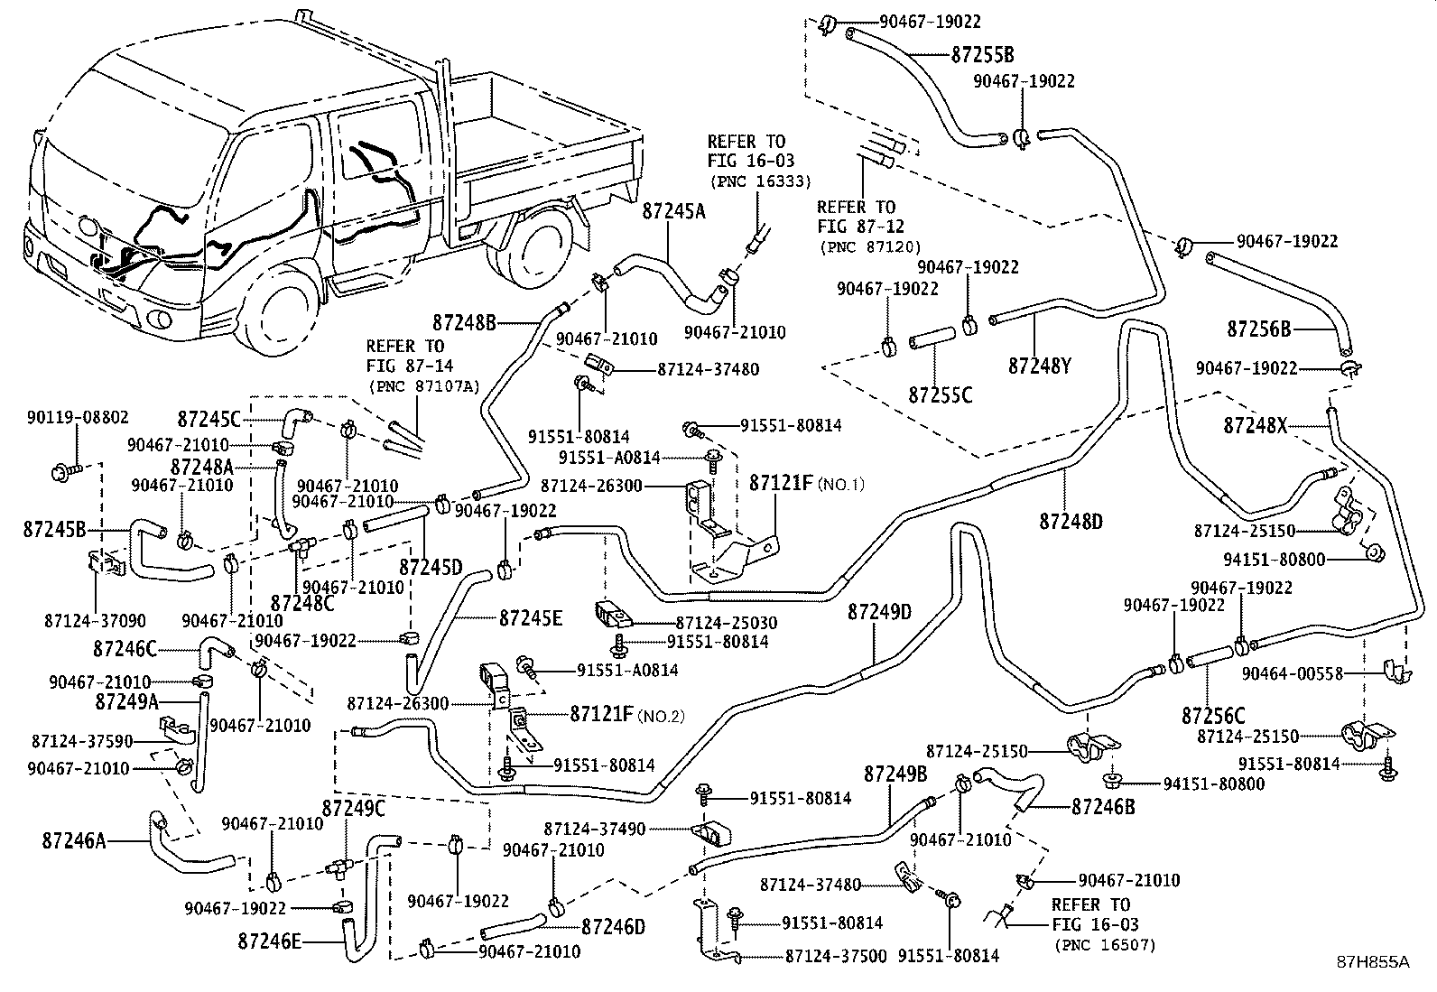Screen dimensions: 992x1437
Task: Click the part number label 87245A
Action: [x=673, y=211]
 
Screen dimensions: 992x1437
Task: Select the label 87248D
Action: [x=1071, y=521]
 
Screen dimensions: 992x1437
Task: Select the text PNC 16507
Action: [x=1104, y=945]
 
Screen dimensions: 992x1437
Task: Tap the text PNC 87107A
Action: [x=422, y=386]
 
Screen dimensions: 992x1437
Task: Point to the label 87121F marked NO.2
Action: [x=601, y=714]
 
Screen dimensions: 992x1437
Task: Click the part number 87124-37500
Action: [x=835, y=956]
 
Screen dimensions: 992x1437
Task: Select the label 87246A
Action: [x=74, y=841]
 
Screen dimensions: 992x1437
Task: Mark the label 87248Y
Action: [x=1039, y=366]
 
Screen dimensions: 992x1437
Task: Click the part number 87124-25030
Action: [x=726, y=623]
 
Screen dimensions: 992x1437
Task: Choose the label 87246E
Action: [x=270, y=942]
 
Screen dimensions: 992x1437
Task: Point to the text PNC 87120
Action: [x=869, y=246]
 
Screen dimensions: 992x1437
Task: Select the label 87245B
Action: [x=54, y=530]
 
